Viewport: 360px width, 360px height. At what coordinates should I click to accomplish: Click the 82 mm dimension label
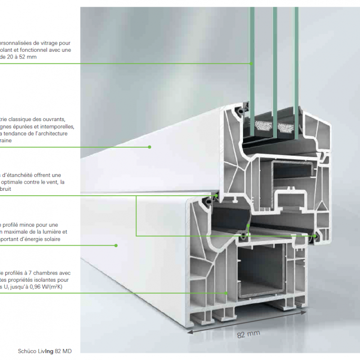tap(248, 334)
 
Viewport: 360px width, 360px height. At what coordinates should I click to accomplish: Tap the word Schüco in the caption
tap(28, 351)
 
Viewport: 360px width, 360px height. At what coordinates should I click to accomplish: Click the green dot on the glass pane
tap(251, 63)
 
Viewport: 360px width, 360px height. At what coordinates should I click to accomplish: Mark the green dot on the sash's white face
tap(150, 147)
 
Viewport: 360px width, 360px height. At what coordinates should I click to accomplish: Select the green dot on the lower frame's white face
tap(116, 245)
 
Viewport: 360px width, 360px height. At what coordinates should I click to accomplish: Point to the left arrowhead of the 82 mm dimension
tap(189, 333)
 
